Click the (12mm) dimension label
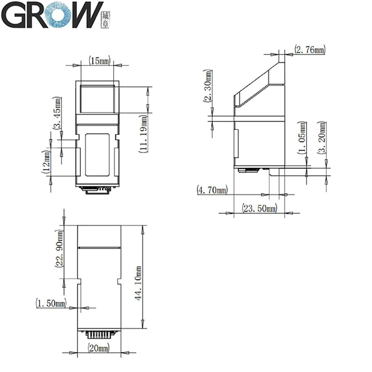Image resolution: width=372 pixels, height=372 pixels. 46,162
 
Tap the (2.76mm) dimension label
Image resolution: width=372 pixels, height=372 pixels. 310,50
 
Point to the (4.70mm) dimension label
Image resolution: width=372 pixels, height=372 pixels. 212,189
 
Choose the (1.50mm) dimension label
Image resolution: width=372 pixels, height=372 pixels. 51,303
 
